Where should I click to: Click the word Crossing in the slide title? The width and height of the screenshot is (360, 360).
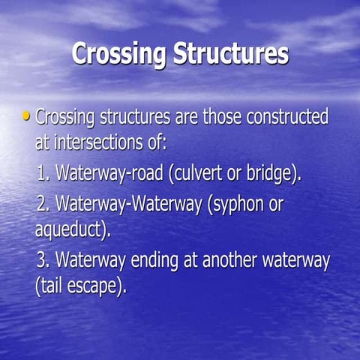(x=120, y=54)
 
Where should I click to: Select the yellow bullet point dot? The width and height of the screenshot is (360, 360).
(x=28, y=116)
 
